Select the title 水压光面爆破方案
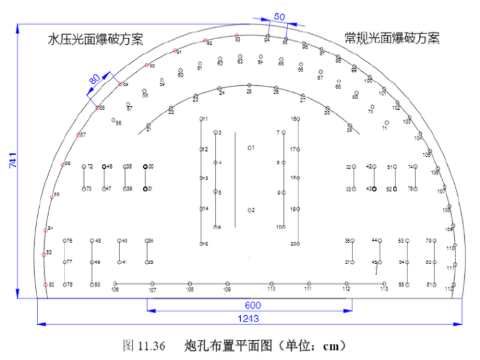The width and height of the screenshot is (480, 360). pos(95,39)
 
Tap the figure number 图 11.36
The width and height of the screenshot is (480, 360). pos(143,345)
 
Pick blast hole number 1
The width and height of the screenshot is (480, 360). pos(249,148)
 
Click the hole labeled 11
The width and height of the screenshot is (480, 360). pos(201,119)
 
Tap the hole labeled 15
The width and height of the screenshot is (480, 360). pos(201,243)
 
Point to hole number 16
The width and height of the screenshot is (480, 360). pos(297,119)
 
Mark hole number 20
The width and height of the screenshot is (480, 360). pos(297,243)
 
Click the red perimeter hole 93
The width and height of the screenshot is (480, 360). pos(236,35)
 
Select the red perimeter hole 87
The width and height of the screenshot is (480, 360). pos(78,135)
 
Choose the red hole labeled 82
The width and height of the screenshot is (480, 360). pos(45,285)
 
